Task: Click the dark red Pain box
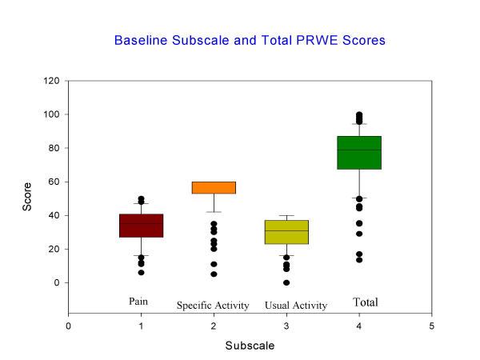pyautogui.click(x=141, y=226)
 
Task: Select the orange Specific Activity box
pyautogui.click(x=214, y=187)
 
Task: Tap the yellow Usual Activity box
pyautogui.click(x=286, y=232)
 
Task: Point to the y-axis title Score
pyautogui.click(x=28, y=197)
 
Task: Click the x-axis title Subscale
pyautogui.click(x=250, y=346)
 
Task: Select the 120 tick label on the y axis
pyautogui.click(x=52, y=81)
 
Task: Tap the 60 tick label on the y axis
pyautogui.click(x=54, y=182)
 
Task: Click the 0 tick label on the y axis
pyautogui.click(x=57, y=282)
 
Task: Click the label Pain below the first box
pyautogui.click(x=139, y=302)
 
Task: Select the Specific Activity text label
pyautogui.click(x=213, y=306)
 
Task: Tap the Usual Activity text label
pyautogui.click(x=296, y=306)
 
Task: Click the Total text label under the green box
pyautogui.click(x=366, y=302)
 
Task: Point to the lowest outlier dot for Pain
pyautogui.click(x=141, y=273)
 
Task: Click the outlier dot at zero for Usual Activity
pyautogui.click(x=286, y=282)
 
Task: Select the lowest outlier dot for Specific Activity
pyautogui.click(x=214, y=274)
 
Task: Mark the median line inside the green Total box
pyautogui.click(x=358, y=150)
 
